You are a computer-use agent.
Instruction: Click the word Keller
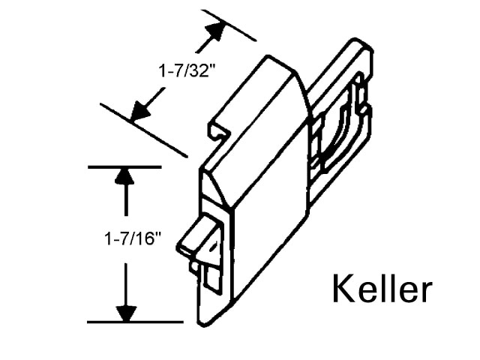click(382, 288)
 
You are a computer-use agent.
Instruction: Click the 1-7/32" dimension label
click(184, 71)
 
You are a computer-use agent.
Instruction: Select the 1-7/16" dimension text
click(133, 238)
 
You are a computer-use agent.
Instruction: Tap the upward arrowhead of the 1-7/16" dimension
click(125, 176)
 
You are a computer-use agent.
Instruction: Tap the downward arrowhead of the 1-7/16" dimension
click(126, 313)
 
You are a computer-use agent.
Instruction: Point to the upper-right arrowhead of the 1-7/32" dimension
click(216, 31)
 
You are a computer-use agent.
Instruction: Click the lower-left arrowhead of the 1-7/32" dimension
click(141, 110)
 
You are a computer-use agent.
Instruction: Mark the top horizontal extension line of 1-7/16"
click(124, 167)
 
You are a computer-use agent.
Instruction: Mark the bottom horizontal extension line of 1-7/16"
click(135, 322)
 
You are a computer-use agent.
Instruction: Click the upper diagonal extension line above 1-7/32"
click(228, 25)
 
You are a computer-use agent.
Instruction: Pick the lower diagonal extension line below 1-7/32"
click(143, 130)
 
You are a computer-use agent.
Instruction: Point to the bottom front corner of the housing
click(202, 325)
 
